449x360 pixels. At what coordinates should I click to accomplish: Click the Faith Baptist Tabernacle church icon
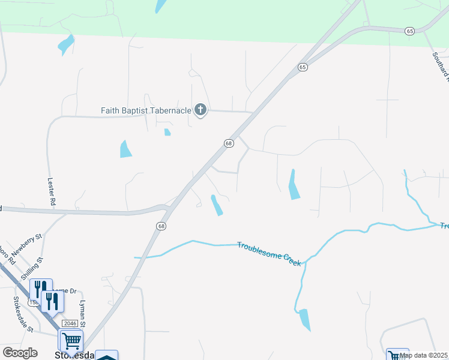point(200,110)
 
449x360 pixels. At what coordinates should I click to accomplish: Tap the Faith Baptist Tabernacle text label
point(145,110)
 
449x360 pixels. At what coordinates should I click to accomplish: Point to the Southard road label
point(440,65)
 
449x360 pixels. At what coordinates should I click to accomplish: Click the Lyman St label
point(83,314)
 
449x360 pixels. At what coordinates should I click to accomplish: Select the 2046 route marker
point(70,323)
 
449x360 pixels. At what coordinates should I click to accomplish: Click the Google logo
point(20,353)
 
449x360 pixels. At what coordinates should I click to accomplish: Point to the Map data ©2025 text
point(423,355)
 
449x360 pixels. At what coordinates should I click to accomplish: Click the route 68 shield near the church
point(229,143)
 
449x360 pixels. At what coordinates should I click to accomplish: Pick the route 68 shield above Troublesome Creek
point(161,226)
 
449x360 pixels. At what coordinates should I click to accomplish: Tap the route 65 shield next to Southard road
point(409,31)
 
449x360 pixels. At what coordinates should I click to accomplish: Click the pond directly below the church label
point(167,132)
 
